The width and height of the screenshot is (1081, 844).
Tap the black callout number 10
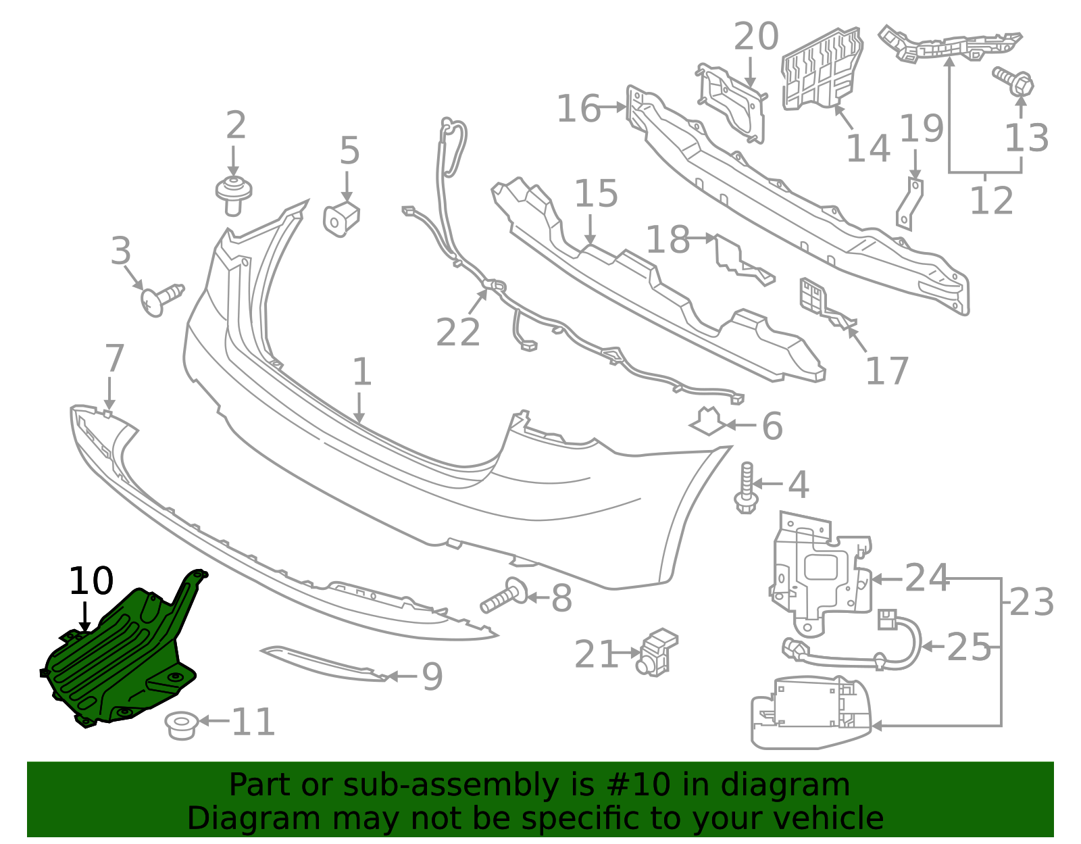91,581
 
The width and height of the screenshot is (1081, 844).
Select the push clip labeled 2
234,194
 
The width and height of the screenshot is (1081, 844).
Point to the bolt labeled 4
745,487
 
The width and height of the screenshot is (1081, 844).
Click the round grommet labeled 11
181,725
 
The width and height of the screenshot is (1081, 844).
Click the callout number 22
458,332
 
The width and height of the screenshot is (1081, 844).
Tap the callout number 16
578,109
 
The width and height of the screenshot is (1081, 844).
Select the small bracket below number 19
910,203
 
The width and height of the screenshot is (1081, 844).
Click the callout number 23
1032,603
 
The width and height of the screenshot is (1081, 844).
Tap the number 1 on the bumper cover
362,372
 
